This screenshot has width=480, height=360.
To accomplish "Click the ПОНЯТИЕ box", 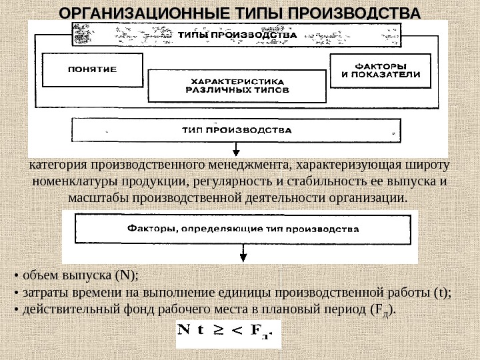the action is pyautogui.click(x=92, y=69).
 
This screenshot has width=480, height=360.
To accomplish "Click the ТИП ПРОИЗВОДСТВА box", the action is pyautogui.click(x=236, y=130).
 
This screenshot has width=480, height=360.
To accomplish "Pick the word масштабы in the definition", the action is pyautogui.click(x=99, y=198).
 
